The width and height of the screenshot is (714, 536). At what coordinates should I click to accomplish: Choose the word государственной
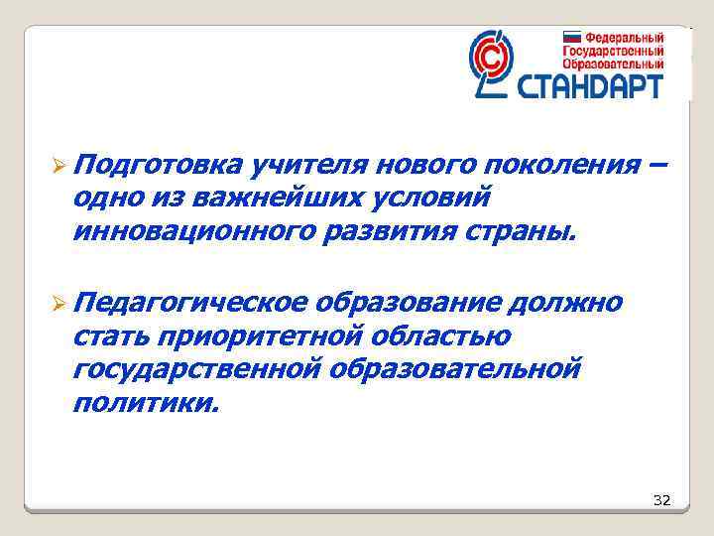[197, 370]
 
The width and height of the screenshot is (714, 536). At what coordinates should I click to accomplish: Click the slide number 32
[661, 500]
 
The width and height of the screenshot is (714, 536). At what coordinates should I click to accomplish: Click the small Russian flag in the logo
[573, 36]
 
